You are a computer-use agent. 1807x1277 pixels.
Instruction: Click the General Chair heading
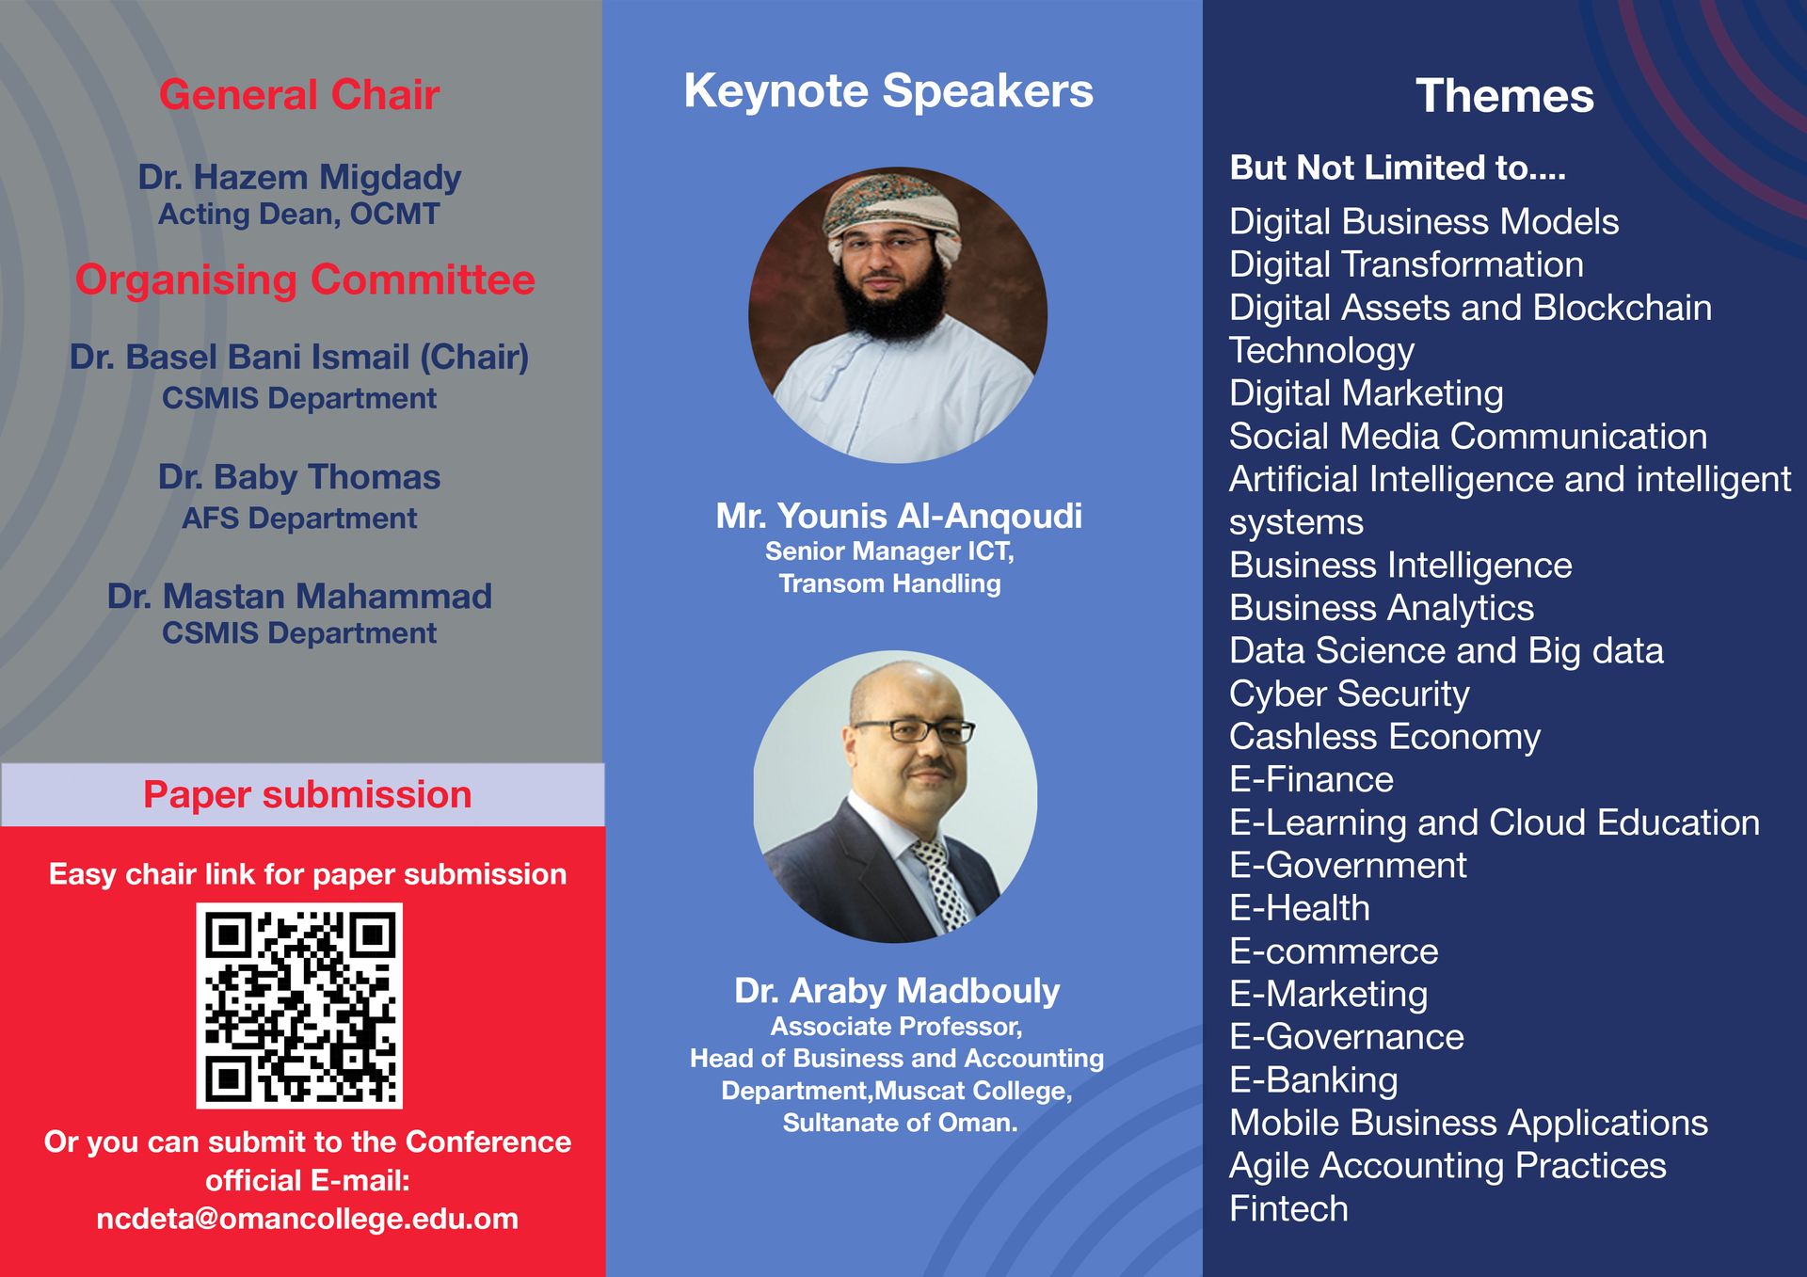click(x=299, y=95)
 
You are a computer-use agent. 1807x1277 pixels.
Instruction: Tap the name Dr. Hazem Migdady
click(x=299, y=178)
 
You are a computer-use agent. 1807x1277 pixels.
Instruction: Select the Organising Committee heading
click(x=305, y=280)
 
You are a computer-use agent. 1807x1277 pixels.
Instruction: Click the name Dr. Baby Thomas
click(x=299, y=477)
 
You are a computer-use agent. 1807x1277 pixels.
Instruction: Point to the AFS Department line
click(x=299, y=519)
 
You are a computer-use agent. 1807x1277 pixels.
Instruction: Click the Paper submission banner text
click(x=307, y=795)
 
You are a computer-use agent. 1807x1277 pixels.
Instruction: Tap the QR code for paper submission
click(x=299, y=1006)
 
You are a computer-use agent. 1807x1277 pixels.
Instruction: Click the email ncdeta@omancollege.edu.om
click(x=307, y=1219)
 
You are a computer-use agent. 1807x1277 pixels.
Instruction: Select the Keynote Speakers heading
click(x=888, y=92)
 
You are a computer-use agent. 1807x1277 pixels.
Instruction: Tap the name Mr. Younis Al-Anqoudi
click(x=899, y=516)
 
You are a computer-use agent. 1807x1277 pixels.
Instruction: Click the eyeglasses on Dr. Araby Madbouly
click(x=914, y=731)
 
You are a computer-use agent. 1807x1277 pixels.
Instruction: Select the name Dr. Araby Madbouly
click(x=897, y=991)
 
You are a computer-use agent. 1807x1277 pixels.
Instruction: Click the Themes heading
click(x=1505, y=96)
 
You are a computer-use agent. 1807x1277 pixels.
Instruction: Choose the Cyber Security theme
click(x=1349, y=694)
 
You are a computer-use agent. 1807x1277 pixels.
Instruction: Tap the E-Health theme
click(x=1300, y=909)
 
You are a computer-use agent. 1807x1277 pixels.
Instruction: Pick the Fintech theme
click(x=1288, y=1209)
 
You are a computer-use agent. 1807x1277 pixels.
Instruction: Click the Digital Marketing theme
click(x=1367, y=394)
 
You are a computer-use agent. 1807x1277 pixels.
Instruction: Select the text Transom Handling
click(x=889, y=583)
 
